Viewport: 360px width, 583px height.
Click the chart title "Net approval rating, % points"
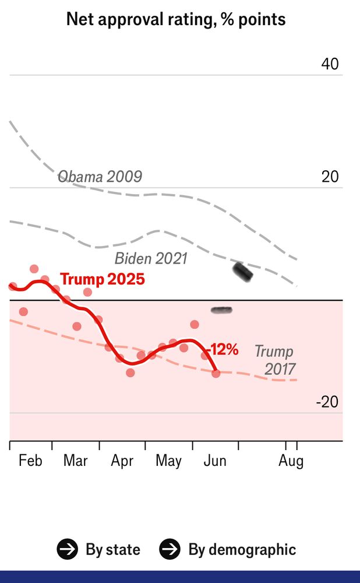point(176,19)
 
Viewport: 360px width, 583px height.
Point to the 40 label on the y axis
point(330,64)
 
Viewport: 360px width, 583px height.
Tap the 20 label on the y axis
point(330,177)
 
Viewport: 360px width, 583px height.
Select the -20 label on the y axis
point(327,402)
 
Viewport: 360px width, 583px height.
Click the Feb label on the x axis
point(30,461)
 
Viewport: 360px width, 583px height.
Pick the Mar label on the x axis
point(75,461)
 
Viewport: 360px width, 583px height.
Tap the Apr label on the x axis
point(122,461)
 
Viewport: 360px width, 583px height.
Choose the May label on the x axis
point(168,461)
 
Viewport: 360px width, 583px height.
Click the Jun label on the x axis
point(215,461)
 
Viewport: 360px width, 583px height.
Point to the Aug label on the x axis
point(291,461)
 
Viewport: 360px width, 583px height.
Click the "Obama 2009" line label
point(100,177)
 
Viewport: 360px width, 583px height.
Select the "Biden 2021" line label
point(151,258)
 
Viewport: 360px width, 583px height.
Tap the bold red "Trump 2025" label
point(103,279)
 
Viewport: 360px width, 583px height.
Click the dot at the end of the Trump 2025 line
point(216,373)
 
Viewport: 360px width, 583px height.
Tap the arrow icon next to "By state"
point(67,549)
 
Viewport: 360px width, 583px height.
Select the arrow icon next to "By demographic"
point(170,549)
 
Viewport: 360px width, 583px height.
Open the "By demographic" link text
point(242,549)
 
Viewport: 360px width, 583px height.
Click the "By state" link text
point(113,549)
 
